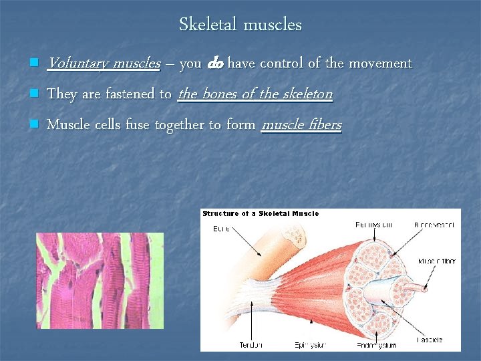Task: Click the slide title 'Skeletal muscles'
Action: [240, 25]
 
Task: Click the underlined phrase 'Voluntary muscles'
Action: [104, 64]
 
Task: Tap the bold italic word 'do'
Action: [215, 64]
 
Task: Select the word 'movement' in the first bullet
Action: [379, 64]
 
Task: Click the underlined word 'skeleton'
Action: [307, 94]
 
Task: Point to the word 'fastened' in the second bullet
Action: [131, 94]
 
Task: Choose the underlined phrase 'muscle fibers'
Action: [301, 124]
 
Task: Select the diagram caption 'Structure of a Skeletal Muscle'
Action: [261, 214]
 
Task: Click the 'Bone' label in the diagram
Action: [222, 228]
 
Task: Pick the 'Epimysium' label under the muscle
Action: [311, 345]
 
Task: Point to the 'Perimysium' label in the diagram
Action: [374, 225]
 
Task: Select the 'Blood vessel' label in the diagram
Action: [437, 225]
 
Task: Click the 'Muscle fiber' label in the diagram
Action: [438, 261]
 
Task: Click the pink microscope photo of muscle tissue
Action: [100, 280]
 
